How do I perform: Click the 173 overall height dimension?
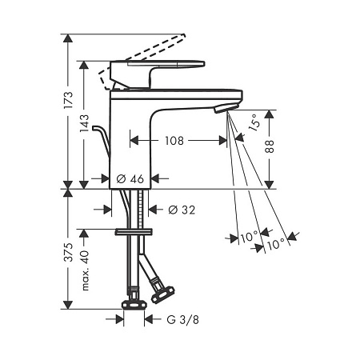pyautogui.click(x=69, y=100)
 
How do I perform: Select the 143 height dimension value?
pyautogui.click(x=85, y=123)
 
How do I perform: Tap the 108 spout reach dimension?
pyautogui.click(x=174, y=141)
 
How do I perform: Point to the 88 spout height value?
pyautogui.click(x=270, y=146)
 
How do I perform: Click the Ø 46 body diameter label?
pyautogui.click(x=130, y=178)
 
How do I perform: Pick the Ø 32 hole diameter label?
pyautogui.click(x=182, y=210)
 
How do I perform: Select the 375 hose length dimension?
pyautogui.click(x=69, y=252)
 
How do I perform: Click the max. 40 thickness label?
pyautogui.click(x=85, y=270)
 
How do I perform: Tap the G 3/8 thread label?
pyautogui.click(x=183, y=319)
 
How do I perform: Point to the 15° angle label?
pyautogui.click(x=254, y=122)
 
